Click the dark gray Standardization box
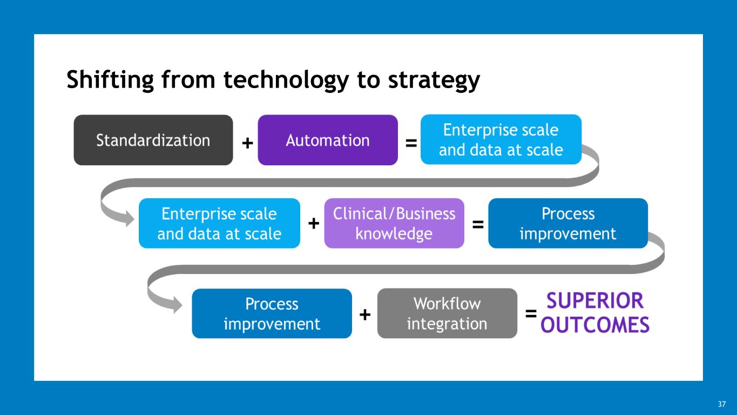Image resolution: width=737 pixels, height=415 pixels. coord(153,140)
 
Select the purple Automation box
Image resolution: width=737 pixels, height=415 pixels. coord(328,140)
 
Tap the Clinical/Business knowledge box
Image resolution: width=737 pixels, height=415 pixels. coord(394,223)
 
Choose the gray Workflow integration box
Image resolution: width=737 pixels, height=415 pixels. coord(447,313)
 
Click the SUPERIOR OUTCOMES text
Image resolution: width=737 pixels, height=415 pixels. coord(595,313)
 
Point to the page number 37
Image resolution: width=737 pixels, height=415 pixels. coord(722,404)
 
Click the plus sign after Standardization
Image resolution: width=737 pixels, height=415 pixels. coord(247,143)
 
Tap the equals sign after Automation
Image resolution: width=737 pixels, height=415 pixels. coord(411,143)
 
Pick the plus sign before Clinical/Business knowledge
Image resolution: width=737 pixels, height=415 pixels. coord(313,224)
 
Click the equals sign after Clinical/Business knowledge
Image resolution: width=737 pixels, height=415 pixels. coord(478,224)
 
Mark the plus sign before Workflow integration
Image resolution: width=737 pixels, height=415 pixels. coord(365,314)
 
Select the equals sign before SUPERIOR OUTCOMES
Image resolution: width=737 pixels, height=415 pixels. coord(531,313)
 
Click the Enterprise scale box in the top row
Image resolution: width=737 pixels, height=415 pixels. coord(501,139)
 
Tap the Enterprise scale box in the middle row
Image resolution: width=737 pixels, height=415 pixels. coord(219,223)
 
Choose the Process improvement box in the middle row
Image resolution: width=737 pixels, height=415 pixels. coord(568,223)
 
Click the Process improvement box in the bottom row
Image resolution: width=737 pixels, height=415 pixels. coord(272,313)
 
